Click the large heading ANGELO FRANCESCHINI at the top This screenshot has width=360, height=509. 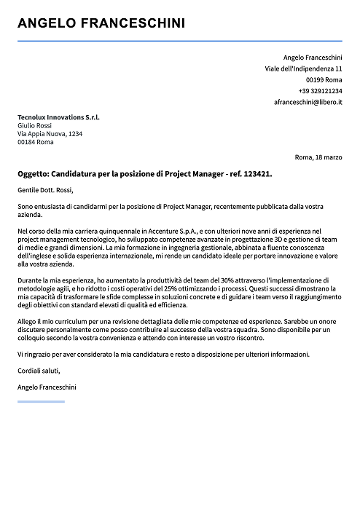pos(101,23)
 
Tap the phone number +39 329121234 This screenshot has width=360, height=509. pos(320,91)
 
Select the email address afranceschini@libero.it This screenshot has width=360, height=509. pos(308,103)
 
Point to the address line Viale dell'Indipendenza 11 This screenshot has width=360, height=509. pos(303,68)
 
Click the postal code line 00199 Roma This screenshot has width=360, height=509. pos(324,79)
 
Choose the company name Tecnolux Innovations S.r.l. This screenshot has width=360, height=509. pos(58,117)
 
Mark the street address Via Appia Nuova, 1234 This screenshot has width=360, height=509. pos(50,134)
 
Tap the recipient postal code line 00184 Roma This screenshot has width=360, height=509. pos(35,142)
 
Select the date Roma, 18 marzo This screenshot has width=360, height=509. pos(318,157)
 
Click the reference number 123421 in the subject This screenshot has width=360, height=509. pos(256,175)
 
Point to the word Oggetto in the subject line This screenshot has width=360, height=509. pos(33,175)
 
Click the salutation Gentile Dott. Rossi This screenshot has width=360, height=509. pos(47,191)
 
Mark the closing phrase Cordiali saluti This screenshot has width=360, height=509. pos(39,371)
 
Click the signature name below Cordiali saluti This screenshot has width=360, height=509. pos(47,387)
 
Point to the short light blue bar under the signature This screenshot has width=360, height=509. pos(41,401)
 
